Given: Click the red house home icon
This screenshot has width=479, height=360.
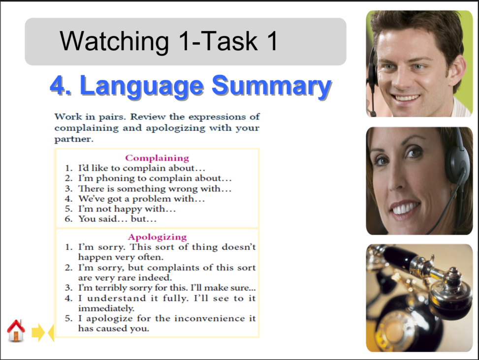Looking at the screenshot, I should [16, 330].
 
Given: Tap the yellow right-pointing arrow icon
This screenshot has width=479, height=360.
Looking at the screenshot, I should [37, 333].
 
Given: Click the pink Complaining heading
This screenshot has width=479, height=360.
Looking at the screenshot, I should [157, 158].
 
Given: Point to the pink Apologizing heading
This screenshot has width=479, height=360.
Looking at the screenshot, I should [157, 237].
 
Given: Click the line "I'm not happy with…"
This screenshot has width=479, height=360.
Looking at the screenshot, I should [127, 209].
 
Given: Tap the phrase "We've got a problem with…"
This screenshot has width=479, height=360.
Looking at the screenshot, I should [141, 199].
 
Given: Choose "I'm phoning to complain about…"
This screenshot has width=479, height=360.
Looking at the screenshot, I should [155, 178].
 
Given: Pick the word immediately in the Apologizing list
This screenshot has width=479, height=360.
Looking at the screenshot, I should [106, 308].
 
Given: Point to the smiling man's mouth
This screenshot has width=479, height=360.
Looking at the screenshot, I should [407, 97].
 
